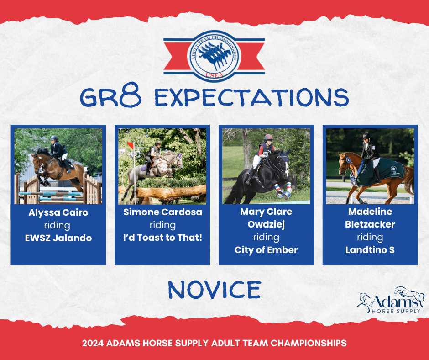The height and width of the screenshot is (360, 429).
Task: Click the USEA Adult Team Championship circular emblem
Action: pyautogui.click(x=214, y=57)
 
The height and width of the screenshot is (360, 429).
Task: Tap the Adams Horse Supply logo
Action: pyautogui.click(x=390, y=301)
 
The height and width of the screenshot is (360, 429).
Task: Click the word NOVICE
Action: pyautogui.click(x=214, y=289)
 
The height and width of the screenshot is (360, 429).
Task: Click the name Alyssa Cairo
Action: pyautogui.click(x=58, y=212)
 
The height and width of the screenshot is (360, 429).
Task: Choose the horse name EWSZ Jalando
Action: pyautogui.click(x=58, y=238)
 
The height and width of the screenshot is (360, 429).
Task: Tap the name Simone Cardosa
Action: pyautogui.click(x=162, y=212)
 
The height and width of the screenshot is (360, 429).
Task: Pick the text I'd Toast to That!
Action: pyautogui.click(x=162, y=237)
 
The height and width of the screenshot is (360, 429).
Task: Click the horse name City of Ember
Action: pyautogui.click(x=266, y=250)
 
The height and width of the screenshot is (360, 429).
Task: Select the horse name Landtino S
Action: pyautogui.click(x=370, y=250)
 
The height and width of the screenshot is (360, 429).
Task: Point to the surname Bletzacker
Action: pyautogui.click(x=370, y=224)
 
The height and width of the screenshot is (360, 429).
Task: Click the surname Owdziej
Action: pyautogui.click(x=266, y=224)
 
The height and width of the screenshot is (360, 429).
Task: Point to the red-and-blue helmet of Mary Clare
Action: pyautogui.click(x=268, y=137)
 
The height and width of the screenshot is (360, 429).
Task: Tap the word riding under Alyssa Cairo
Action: pyautogui.click(x=57, y=226)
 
